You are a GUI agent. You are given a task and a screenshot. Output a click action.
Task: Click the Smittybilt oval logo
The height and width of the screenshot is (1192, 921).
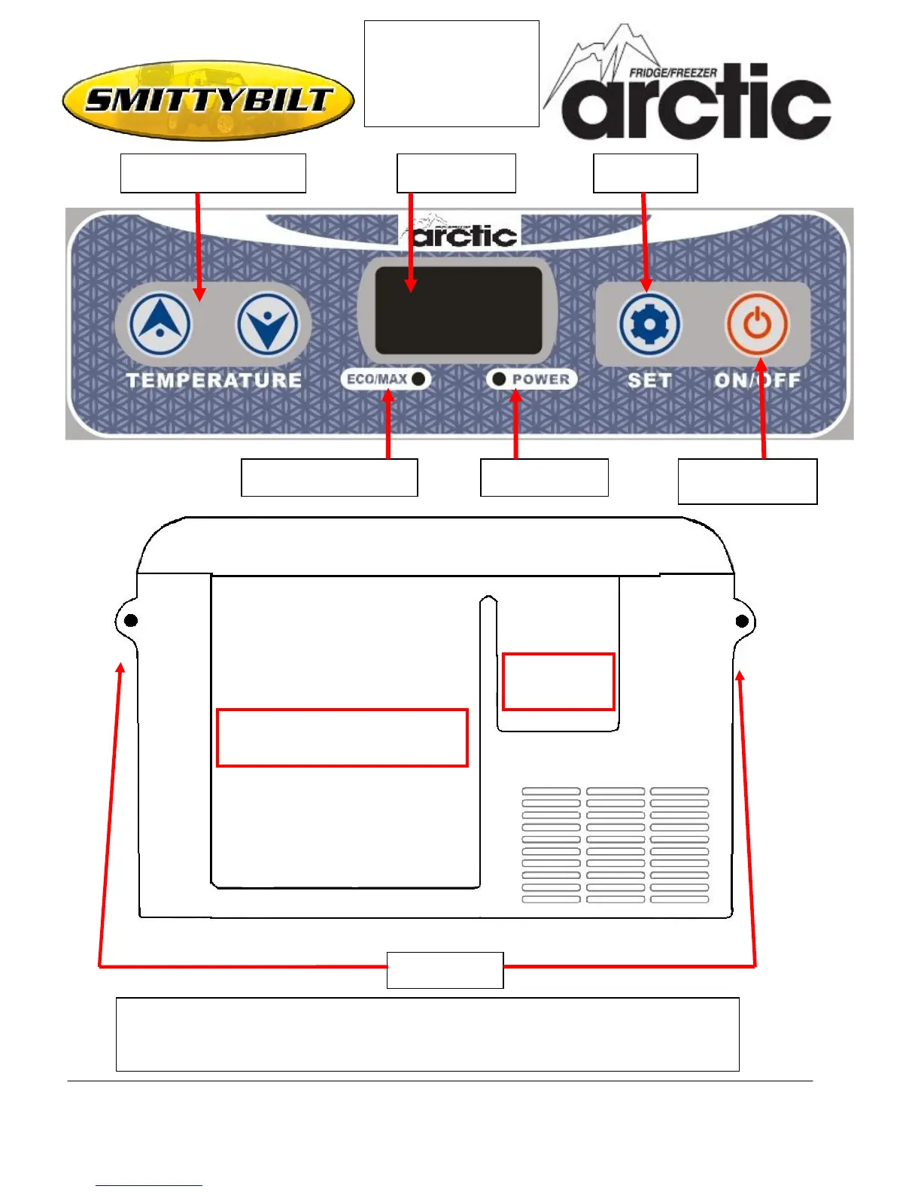[208, 100]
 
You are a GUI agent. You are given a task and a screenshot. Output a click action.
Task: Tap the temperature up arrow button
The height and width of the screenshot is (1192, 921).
[160, 324]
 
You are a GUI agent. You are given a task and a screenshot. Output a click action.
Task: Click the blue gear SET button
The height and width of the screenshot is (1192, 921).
[649, 324]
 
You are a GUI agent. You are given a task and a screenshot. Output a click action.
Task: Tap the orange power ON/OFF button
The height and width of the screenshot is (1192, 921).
[757, 324]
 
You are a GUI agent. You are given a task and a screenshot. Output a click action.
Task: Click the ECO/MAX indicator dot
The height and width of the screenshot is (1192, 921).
[418, 379]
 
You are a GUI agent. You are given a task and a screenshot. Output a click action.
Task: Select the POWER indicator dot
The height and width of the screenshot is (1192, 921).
[498, 379]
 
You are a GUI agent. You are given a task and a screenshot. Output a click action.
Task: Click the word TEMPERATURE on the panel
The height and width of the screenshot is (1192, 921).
[214, 380]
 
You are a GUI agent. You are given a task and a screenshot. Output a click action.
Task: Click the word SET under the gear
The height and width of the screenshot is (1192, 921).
[649, 380]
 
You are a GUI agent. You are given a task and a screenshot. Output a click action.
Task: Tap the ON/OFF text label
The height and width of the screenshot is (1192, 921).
[757, 380]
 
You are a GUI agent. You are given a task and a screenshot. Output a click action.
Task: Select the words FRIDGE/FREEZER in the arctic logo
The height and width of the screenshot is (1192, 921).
[673, 73]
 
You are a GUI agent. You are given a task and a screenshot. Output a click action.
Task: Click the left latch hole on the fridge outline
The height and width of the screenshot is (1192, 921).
[131, 620]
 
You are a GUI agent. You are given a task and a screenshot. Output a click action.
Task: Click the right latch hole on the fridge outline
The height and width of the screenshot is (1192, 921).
[742, 620]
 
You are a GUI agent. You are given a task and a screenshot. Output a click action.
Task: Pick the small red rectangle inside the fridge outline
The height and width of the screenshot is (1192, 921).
[558, 681]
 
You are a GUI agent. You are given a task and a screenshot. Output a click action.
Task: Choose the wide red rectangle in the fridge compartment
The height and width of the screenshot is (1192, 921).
[342, 737]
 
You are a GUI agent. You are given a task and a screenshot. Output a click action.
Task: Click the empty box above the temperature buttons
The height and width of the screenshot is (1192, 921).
[213, 173]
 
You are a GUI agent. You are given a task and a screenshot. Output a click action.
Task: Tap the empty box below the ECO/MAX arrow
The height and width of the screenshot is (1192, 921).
[329, 477]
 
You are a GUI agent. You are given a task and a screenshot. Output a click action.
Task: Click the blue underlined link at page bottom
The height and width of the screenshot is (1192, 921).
[148, 1184]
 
